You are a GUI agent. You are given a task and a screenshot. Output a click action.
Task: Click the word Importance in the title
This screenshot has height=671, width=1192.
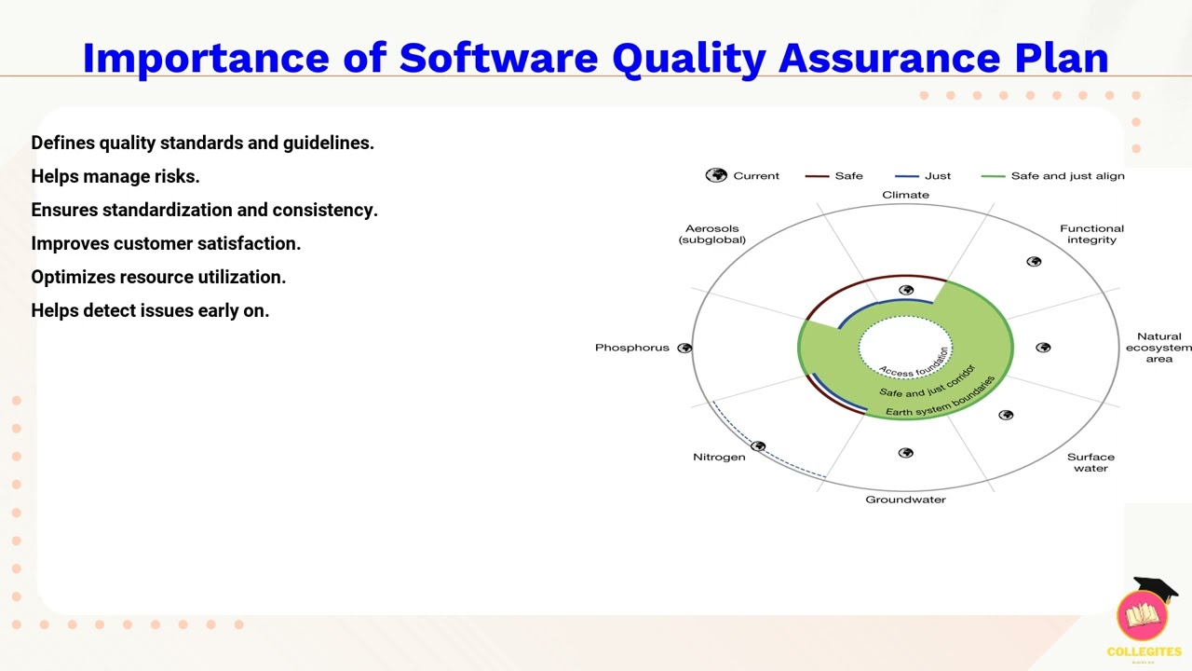point(206,58)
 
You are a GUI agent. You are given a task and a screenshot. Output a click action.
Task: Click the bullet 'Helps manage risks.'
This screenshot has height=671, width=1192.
point(115,176)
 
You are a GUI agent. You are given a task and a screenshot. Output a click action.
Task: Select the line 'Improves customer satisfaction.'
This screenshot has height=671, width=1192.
point(166,243)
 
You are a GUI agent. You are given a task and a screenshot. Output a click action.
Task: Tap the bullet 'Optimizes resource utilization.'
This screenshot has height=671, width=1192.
point(158,277)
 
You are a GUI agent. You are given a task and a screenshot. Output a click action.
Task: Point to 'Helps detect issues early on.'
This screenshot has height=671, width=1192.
point(150,310)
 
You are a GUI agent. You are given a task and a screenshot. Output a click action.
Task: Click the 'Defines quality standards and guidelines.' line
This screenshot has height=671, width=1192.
point(202,143)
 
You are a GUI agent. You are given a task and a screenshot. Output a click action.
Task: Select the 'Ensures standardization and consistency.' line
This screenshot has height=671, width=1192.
point(204,210)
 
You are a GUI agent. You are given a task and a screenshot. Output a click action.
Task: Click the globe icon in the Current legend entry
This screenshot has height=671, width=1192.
point(716,175)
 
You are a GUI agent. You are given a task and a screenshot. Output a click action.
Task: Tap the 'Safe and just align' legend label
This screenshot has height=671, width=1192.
point(1067,175)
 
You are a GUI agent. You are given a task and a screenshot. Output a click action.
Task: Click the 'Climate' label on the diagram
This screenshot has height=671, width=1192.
point(905,195)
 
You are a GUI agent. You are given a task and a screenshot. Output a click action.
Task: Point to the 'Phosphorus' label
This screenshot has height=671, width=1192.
point(631,348)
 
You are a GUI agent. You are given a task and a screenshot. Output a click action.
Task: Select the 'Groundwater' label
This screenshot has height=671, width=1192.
point(905,500)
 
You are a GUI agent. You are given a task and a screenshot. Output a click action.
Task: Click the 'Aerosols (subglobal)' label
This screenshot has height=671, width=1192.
point(712,234)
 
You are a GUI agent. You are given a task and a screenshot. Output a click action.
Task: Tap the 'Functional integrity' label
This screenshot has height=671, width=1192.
point(1091,234)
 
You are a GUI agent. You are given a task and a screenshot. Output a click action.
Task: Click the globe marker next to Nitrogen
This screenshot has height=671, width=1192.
point(758,446)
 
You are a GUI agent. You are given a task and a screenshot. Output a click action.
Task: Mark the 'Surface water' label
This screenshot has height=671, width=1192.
point(1090,462)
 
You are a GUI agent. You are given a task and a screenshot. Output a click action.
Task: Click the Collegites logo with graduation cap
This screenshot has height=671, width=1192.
point(1144,616)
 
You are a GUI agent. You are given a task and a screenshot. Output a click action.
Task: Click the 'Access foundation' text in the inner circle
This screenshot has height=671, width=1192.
point(914,362)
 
